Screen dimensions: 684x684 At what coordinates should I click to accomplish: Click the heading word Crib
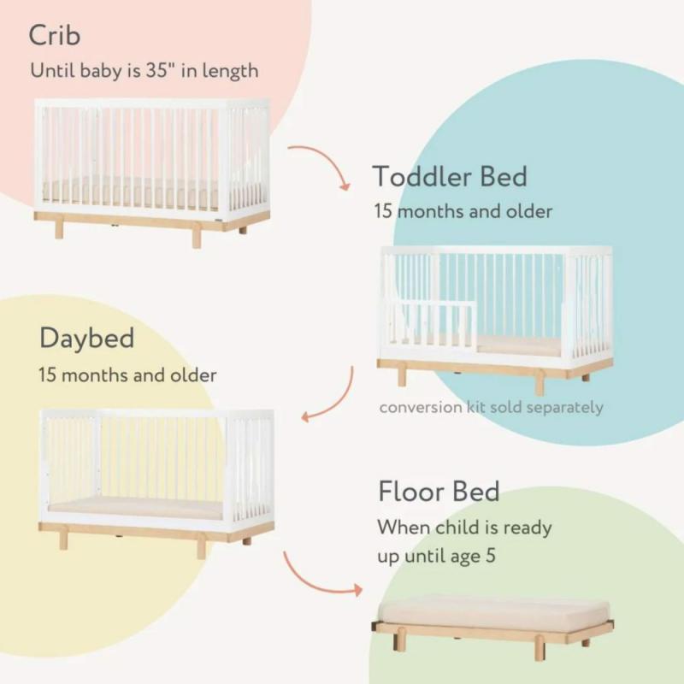pos(55,35)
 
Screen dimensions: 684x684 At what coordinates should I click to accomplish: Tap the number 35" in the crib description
pos(161,70)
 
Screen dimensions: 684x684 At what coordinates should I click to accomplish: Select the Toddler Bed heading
pos(450,176)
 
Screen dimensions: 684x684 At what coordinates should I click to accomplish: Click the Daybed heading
pos(87,339)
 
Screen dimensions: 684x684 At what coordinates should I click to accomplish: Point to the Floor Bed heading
pos(439,491)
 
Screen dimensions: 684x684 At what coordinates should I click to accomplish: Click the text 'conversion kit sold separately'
pos(491,408)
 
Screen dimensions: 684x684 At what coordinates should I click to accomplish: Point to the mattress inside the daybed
pos(135,509)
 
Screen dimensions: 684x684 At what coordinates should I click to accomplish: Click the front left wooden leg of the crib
pos(59,229)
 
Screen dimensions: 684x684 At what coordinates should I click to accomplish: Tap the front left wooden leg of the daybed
pos(63,540)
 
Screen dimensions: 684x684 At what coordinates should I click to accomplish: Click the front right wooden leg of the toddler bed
pos(540,382)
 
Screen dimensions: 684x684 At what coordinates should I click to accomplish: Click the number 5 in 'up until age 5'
pos(491,556)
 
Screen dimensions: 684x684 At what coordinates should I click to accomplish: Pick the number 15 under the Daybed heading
pos(48,375)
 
